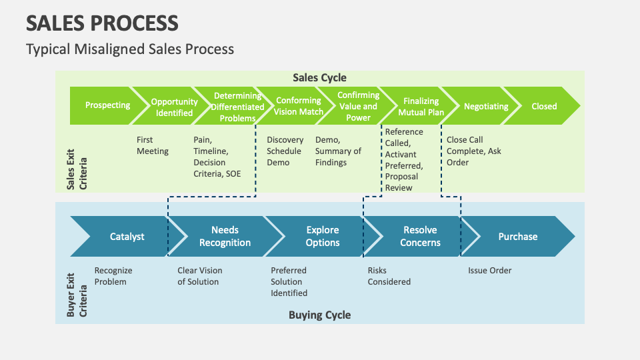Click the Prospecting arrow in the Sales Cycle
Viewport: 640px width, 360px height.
[x=107, y=105]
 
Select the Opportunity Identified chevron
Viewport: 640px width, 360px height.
[x=173, y=107]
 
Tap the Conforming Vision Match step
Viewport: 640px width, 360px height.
[x=298, y=106]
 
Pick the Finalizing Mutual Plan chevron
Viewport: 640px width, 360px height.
[x=421, y=107]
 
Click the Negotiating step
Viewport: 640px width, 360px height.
[x=485, y=106]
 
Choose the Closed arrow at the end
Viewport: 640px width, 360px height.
[x=544, y=106]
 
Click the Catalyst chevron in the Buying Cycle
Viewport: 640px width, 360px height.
[x=127, y=237]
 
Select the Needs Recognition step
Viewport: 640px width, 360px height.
[x=225, y=237]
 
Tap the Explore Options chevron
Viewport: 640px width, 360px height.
[x=323, y=237]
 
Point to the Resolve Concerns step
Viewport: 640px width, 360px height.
[x=420, y=237]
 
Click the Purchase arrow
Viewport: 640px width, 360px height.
[x=517, y=237]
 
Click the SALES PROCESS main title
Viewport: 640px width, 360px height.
[x=102, y=23]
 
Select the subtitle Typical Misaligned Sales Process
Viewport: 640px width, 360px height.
[x=130, y=49]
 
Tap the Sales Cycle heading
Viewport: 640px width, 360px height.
[x=319, y=77]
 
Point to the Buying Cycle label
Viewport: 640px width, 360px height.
[x=319, y=315]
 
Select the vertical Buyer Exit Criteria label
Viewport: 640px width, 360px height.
[x=77, y=291]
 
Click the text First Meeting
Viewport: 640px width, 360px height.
[x=153, y=145]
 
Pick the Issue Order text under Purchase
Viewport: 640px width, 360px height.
[x=490, y=271]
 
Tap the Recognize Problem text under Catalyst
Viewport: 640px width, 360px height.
[x=113, y=276]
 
